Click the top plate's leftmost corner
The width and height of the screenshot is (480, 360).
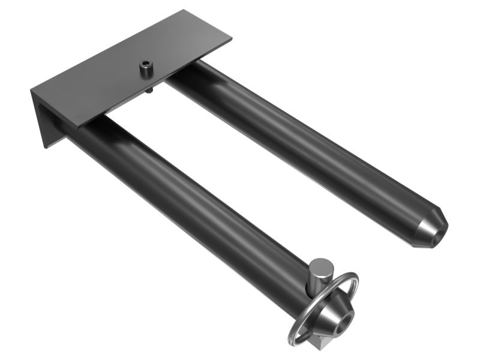pyautogui.click(x=31, y=91)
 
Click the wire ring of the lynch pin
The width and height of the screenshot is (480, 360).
pyautogui.click(x=354, y=282)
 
